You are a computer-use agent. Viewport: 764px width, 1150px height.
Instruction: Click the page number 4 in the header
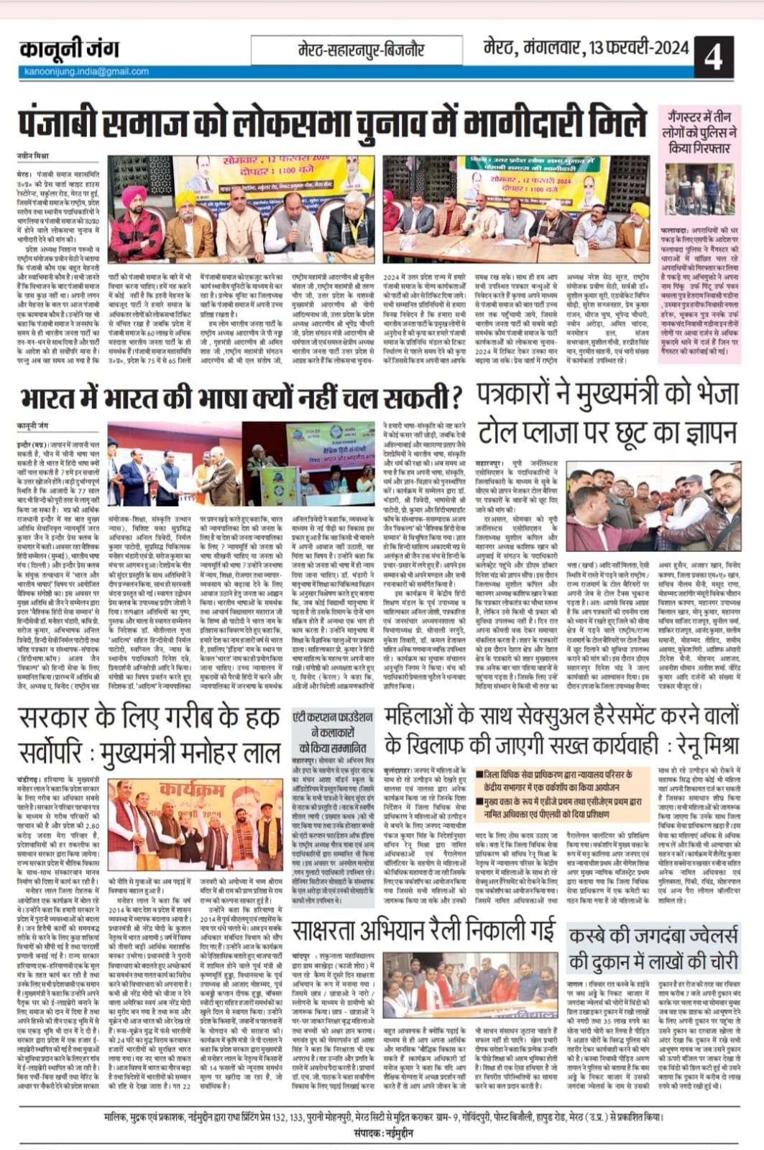(712, 56)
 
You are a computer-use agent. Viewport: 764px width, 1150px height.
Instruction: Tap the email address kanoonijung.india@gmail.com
(85, 72)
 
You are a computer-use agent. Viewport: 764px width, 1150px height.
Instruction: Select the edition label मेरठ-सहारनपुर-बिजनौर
(361, 50)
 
